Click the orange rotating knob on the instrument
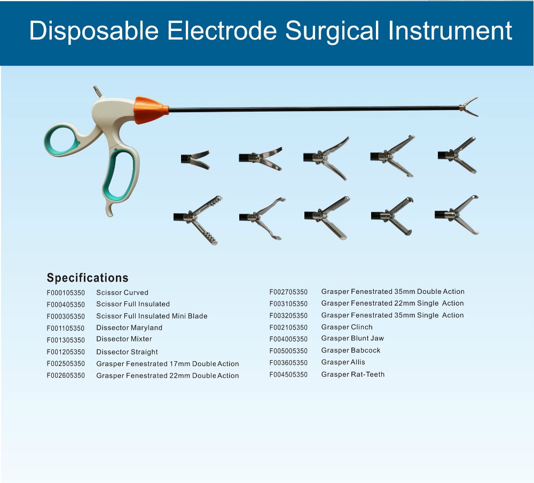tap(151, 110)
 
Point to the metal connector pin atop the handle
tap(98, 91)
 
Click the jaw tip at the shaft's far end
tap(469, 107)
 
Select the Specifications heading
tap(88, 278)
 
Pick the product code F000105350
tap(66, 293)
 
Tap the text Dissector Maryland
tap(129, 328)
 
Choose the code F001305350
tap(66, 340)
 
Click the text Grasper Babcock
tap(351, 350)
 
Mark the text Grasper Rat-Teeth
tap(353, 374)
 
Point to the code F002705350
tap(288, 292)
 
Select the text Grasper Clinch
tap(347, 327)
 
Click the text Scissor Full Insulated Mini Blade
tap(152, 316)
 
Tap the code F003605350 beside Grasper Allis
tap(288, 363)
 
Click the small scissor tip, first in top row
tap(195, 160)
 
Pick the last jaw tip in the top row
tap(457, 155)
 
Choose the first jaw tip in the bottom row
tap(198, 220)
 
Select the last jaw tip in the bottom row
tap(457, 215)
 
